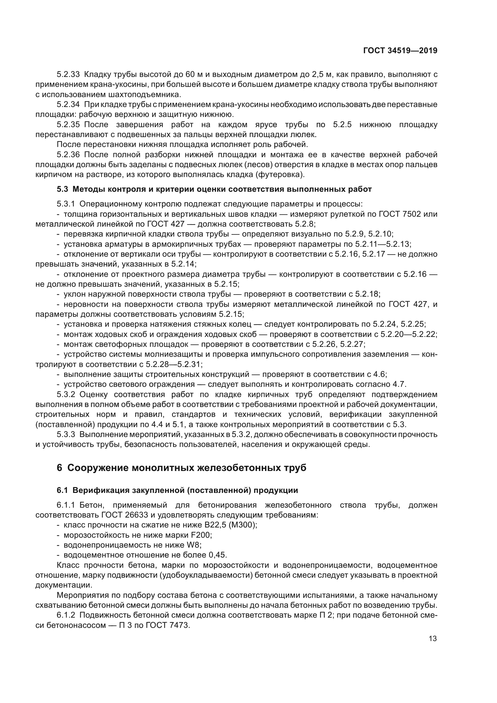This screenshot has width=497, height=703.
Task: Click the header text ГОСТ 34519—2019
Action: tap(400, 51)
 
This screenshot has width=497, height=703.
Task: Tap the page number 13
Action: tap(433, 638)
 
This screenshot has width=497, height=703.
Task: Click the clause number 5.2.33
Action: tap(68, 75)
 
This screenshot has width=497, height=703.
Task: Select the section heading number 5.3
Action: tap(62, 189)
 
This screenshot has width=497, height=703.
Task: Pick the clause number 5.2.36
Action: tap(68, 154)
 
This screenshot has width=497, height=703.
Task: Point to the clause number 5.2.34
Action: tap(68, 104)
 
